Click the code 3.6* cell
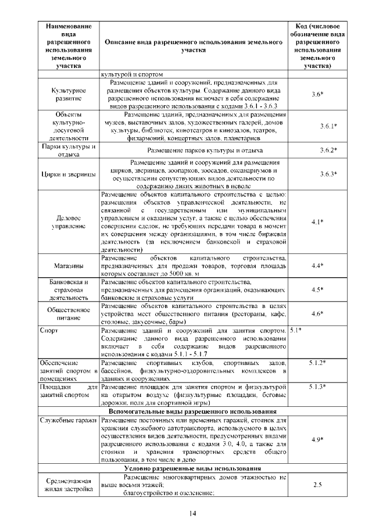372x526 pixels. click(317, 94)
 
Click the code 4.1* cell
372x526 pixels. click(317, 221)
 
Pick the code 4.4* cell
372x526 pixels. click(317, 266)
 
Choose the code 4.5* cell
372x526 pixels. click(317, 289)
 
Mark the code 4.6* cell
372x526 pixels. click(317, 313)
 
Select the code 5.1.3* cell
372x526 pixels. click(317, 387)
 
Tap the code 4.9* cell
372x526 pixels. click(317, 439)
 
